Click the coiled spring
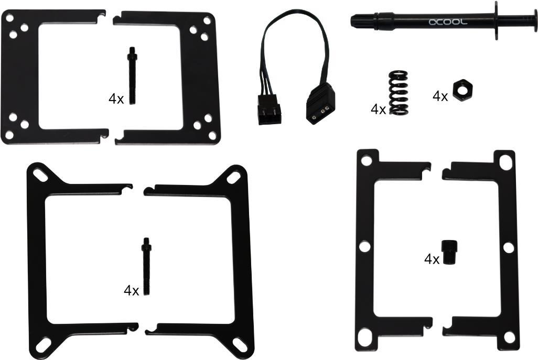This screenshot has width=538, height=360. point(400,92)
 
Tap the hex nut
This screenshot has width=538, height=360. point(460,90)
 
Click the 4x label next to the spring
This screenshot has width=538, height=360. point(378,109)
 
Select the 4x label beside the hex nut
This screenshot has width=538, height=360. point(440,96)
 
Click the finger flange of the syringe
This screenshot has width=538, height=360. point(495,21)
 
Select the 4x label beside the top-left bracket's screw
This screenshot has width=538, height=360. point(116,99)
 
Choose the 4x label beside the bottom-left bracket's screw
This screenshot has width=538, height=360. point(131,290)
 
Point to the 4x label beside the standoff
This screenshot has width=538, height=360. point(432,259)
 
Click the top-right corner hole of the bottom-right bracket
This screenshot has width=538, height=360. point(505,162)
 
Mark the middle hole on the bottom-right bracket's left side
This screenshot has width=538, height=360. point(364,246)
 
